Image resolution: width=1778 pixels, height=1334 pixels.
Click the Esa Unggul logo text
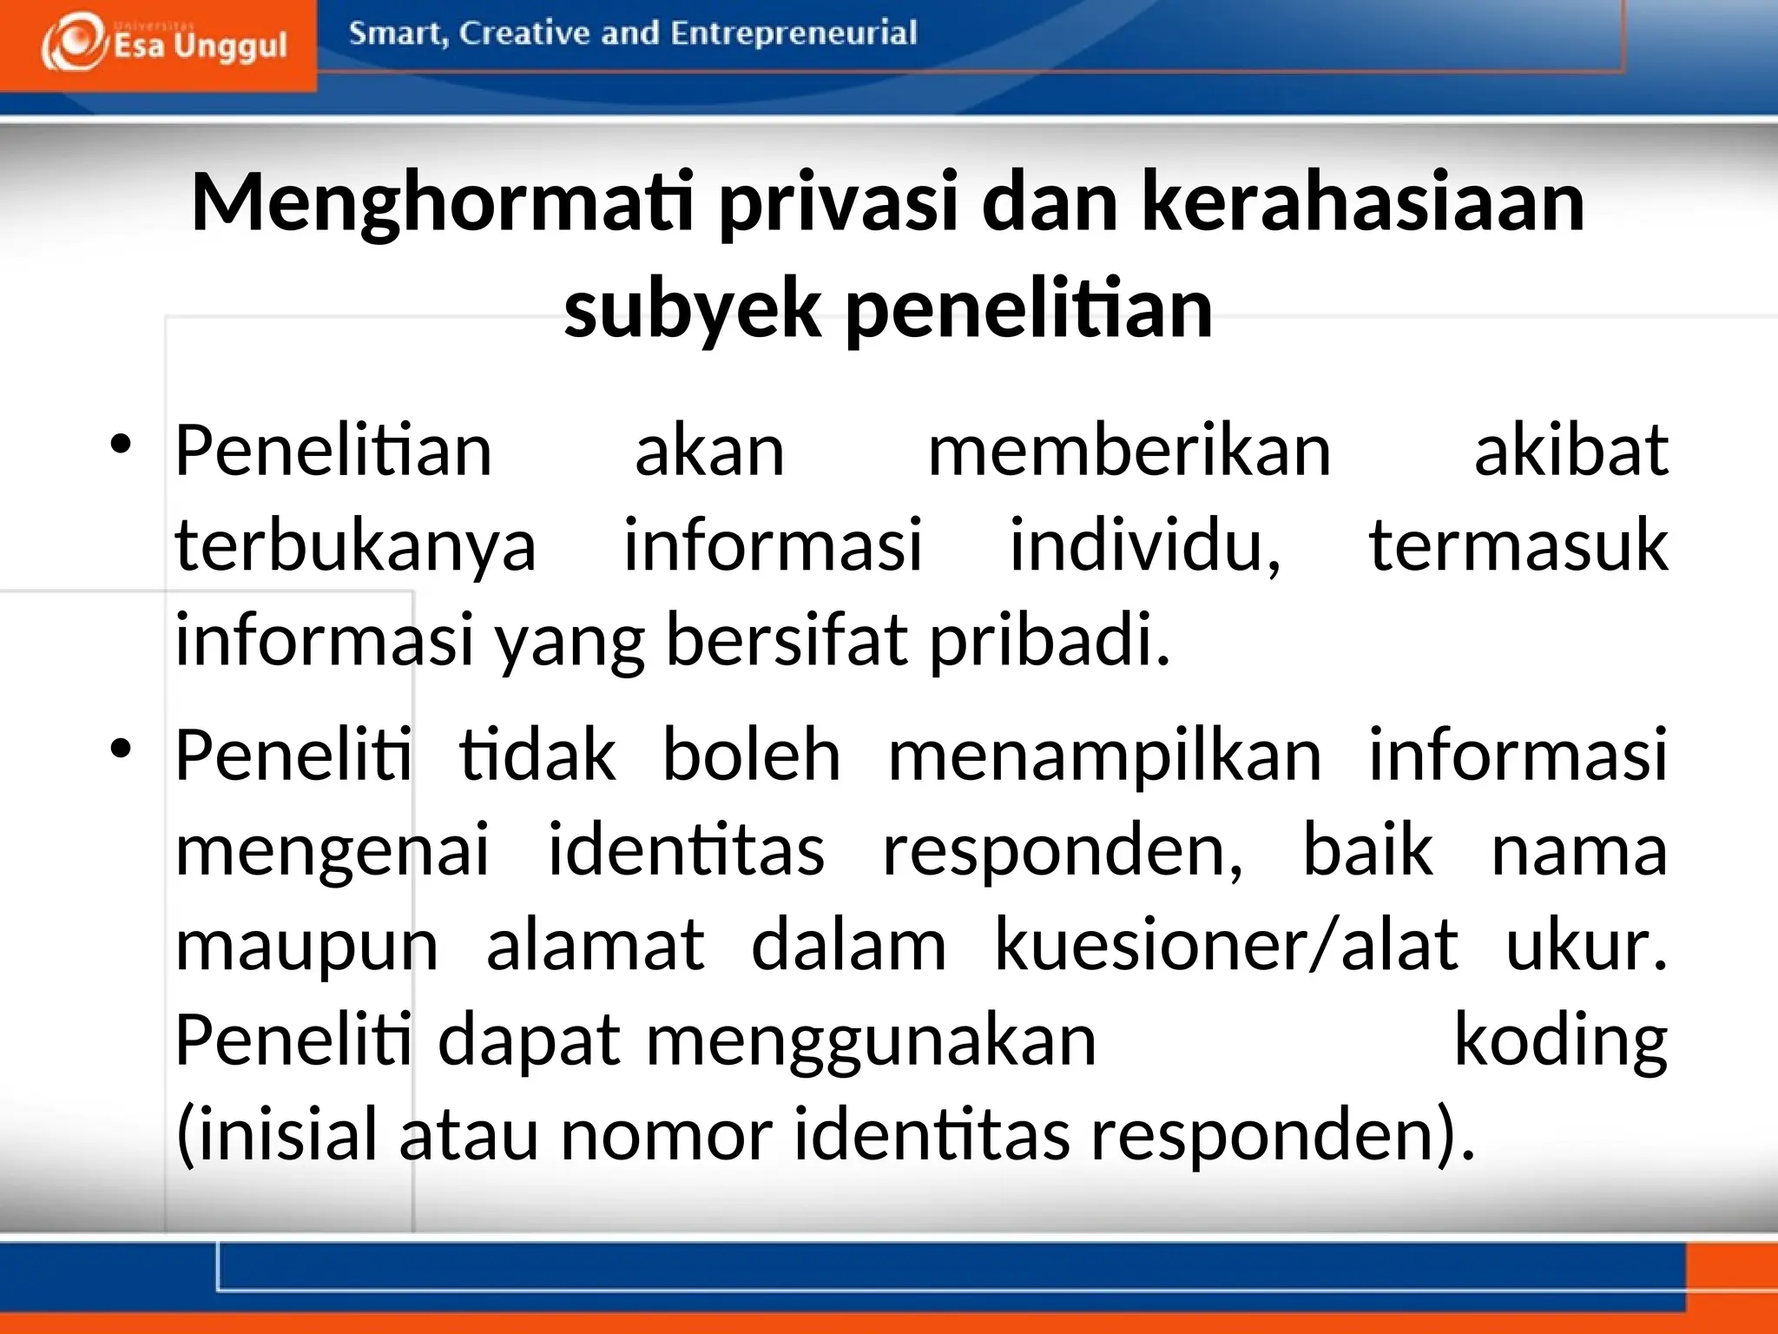pyautogui.click(x=200, y=45)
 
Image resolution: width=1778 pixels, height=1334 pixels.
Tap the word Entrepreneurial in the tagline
pyautogui.click(x=794, y=33)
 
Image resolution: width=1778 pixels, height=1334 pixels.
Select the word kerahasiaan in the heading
pyautogui.click(x=1363, y=203)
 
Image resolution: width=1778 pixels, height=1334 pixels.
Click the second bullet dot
pyautogui.click(x=121, y=747)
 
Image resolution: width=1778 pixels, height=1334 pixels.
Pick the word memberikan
pyautogui.click(x=1129, y=452)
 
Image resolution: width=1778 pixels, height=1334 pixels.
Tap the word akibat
pyautogui.click(x=1571, y=452)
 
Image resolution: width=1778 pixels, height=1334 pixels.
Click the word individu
pyautogui.click(x=1144, y=545)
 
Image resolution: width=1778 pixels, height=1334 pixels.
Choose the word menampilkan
pyautogui.click(x=1105, y=756)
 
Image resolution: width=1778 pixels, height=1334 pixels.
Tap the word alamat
pyautogui.click(x=596, y=945)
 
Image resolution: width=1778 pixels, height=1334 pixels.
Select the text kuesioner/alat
pyautogui.click(x=1226, y=945)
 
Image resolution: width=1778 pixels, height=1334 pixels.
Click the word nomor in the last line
pyautogui.click(x=667, y=1134)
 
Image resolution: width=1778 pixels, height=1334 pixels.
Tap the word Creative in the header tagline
pyautogui.click(x=524, y=33)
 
